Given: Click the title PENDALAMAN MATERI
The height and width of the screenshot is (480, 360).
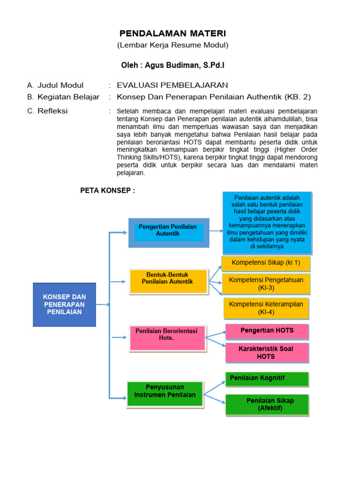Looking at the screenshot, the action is (172, 33).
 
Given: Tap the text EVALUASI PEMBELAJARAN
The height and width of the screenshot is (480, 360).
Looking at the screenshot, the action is (172, 85).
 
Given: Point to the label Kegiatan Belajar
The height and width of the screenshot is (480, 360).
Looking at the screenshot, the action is (68, 97).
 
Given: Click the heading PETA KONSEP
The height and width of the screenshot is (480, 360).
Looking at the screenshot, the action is (105, 190).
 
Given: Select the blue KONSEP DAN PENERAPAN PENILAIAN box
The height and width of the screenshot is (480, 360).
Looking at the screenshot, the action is (64, 305).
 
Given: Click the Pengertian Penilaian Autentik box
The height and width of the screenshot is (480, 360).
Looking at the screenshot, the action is (169, 233).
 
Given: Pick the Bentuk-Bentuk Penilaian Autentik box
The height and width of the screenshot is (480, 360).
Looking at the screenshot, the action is (169, 282).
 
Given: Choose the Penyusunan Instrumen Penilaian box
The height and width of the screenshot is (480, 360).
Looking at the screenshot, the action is (165, 394).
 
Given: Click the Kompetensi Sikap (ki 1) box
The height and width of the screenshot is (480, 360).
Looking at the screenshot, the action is (266, 264).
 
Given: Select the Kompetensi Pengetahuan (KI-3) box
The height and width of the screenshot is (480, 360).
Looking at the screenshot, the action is (266, 284).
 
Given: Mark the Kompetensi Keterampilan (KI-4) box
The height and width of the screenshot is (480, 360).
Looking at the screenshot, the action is (266, 308).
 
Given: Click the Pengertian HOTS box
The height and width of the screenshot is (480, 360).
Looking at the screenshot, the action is (267, 331).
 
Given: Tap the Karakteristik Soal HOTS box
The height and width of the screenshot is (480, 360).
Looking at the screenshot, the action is (267, 352).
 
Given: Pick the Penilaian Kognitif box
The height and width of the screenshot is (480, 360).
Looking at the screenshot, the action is (267, 379).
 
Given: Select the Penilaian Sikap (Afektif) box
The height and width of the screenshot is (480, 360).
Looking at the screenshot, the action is (267, 405).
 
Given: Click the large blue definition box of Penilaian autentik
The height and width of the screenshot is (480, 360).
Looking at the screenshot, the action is (267, 223).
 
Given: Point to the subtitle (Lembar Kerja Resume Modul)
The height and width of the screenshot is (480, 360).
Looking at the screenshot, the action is (172, 45).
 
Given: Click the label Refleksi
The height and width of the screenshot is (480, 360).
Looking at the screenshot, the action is (52, 111).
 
